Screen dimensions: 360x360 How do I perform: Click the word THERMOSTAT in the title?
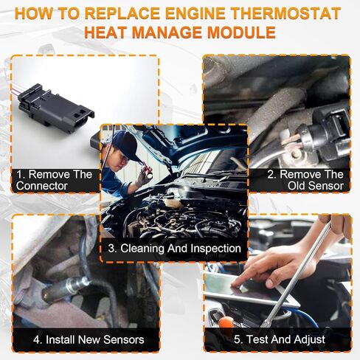286,13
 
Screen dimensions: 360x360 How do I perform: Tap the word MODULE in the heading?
241,32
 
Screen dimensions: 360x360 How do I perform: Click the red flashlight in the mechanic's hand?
147,170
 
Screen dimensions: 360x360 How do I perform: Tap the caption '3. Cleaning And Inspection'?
174,249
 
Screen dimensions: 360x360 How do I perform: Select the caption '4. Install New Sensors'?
89,339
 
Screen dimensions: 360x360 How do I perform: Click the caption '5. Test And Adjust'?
280,339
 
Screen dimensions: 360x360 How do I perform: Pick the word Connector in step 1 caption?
42,186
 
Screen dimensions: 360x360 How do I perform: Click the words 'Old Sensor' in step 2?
316,186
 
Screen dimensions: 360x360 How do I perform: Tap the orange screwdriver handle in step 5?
226,322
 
